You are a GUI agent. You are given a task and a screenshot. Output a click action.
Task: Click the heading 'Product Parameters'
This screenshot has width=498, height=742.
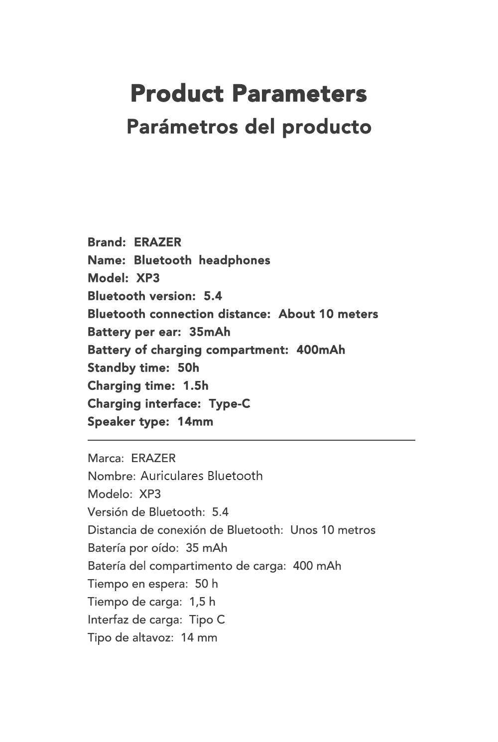click(x=249, y=94)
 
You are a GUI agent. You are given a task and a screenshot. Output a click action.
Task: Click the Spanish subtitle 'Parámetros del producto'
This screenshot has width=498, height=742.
click(x=249, y=126)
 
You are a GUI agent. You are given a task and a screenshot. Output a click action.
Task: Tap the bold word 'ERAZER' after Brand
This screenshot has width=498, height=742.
click(x=157, y=243)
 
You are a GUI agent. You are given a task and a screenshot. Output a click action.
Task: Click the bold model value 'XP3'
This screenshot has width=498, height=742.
click(x=148, y=278)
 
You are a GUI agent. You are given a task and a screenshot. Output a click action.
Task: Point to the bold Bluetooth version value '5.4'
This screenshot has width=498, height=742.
click(x=213, y=296)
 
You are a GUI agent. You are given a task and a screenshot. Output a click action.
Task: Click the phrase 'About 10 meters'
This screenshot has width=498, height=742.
click(x=328, y=314)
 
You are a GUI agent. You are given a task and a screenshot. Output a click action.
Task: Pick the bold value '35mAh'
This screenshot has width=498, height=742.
click(x=210, y=332)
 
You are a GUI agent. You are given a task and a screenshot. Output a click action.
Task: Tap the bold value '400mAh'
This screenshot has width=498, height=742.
click(x=321, y=350)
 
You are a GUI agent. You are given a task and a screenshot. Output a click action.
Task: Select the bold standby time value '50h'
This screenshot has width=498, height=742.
click(x=188, y=368)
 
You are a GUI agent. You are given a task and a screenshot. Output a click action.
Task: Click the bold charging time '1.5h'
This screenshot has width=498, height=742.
click(x=196, y=386)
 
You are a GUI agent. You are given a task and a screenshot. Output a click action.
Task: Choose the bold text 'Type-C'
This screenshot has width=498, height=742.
click(x=230, y=404)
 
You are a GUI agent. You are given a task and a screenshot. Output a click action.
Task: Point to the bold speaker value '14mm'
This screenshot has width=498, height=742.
click(x=195, y=422)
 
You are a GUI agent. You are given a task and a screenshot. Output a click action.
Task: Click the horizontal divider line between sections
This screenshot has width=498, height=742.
click(x=251, y=440)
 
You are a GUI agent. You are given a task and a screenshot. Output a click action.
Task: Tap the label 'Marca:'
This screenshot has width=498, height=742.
click(x=106, y=458)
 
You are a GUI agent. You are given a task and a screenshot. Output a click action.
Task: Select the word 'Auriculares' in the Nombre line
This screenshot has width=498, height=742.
click(x=172, y=476)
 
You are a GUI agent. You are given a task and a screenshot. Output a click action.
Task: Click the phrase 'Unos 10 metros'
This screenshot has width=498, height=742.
click(x=333, y=530)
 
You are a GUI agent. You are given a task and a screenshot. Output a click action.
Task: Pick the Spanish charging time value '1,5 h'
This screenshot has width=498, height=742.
click(x=202, y=602)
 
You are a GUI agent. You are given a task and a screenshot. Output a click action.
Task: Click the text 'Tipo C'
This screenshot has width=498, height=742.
click(x=207, y=619)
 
